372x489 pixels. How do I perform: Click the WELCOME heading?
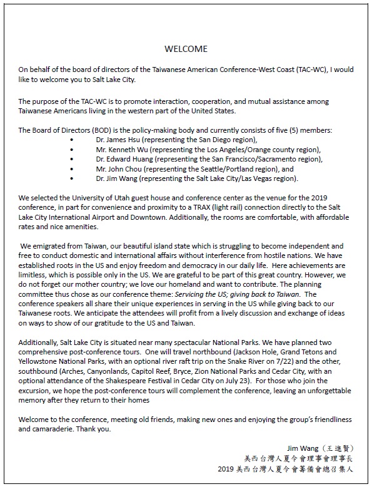point(186,49)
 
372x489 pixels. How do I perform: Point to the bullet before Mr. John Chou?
point(73,169)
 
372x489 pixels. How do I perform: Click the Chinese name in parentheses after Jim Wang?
point(337,448)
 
